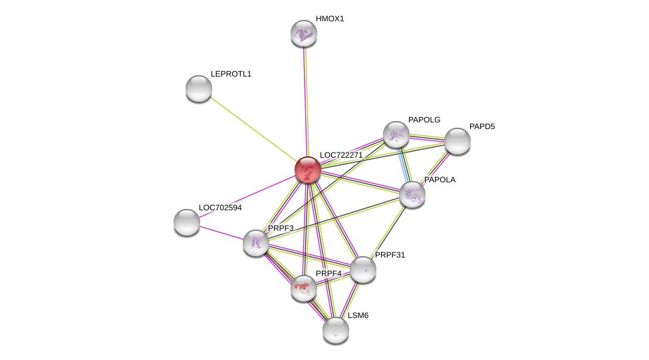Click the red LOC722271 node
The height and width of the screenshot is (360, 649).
pos(308,170)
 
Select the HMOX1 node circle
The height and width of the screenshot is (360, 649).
pos(304,33)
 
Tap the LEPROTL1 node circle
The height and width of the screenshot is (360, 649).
pos(199,89)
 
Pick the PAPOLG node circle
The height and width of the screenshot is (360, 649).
pos(396,134)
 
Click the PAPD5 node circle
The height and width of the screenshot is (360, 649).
pos(457,141)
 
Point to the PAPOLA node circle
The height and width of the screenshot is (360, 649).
pos(412,194)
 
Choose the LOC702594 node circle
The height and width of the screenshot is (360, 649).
pos(187,222)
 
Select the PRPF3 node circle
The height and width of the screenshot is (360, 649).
pos(256,243)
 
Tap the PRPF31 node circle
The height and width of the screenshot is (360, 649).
pos(363,270)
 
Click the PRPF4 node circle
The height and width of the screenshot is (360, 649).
pos(304,288)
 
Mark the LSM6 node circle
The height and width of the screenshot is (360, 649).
pos(336,329)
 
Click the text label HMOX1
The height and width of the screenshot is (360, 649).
pos(330,19)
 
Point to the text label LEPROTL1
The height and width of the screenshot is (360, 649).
pos(231,74)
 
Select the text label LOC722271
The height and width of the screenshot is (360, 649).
pos(341,155)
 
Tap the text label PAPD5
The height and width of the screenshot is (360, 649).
pos(482,126)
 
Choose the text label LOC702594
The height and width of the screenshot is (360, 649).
pos(220,208)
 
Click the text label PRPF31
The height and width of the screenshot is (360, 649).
pos(390,255)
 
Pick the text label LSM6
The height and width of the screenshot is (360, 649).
pos(358,315)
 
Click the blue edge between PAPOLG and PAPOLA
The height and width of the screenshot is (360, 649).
pos(404,164)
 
